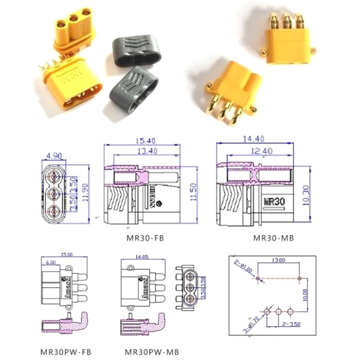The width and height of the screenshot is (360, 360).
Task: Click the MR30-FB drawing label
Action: (x=145, y=238)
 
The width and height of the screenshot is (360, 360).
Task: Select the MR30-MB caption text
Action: (x=273, y=238)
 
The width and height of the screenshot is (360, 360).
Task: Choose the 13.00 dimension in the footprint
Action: (x=278, y=260)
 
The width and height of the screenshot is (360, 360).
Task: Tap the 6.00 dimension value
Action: (x=50, y=262)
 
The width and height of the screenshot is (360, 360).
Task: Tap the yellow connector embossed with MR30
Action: (x=68, y=83)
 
